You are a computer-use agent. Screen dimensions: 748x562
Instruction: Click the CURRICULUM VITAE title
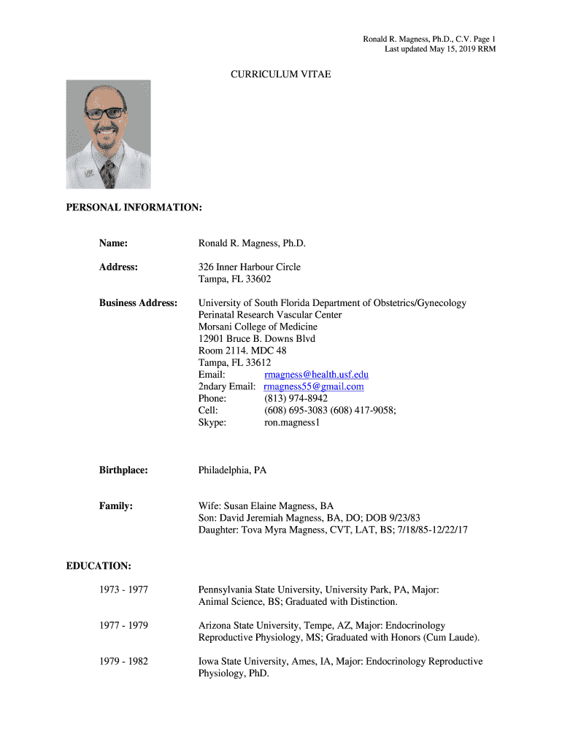281,74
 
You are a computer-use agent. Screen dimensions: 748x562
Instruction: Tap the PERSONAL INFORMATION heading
134,208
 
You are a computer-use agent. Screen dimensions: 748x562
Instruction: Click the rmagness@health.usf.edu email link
316,375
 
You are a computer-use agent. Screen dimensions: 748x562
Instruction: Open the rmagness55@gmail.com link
314,386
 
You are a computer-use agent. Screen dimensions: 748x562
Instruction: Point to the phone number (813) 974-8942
296,398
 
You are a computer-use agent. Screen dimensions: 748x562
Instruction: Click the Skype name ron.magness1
292,421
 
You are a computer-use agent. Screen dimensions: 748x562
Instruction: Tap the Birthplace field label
123,470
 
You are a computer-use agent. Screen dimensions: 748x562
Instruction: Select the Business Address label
138,302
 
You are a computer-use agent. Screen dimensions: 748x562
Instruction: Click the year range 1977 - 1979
123,625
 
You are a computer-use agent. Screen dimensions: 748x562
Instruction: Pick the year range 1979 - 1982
123,661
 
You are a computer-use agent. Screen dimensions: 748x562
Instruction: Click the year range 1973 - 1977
123,589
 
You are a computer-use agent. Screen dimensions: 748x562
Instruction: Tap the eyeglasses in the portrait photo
104,113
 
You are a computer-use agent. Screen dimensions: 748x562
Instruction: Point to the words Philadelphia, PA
232,470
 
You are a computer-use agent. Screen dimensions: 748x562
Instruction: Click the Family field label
115,505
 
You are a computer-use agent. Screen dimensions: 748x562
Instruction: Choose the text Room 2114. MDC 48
242,351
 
